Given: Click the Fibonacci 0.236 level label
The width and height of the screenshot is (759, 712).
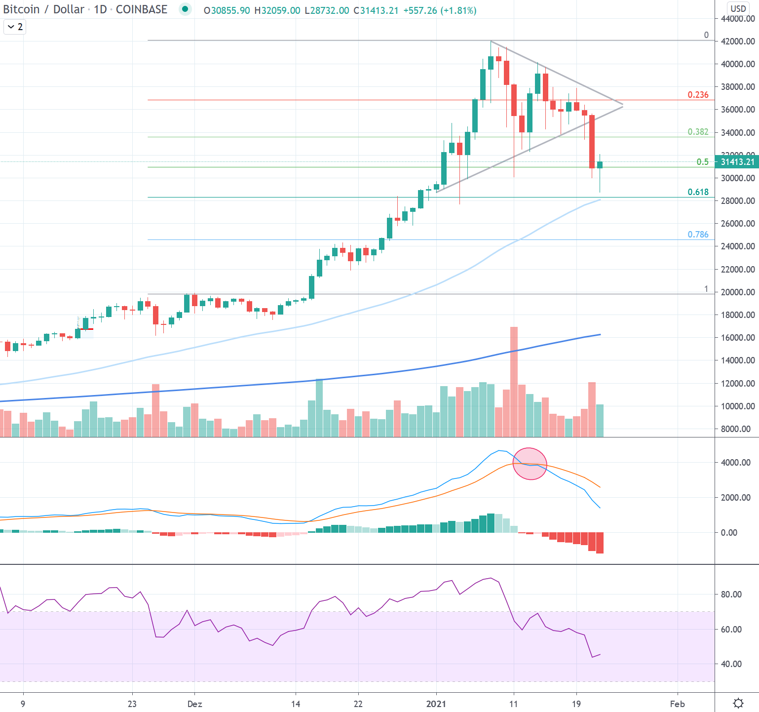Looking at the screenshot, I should coord(698,95).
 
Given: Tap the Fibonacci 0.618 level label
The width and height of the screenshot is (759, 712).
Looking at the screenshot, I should coord(698,192).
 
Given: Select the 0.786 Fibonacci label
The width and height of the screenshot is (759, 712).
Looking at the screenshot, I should coord(698,235).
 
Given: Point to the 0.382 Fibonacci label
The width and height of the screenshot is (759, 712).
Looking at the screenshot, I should coord(698,132).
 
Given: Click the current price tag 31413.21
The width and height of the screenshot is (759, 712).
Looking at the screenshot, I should coord(737,162).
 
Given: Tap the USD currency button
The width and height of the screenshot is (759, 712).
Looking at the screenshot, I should coord(738,8).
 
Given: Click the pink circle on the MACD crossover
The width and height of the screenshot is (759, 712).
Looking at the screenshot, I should coord(530,464).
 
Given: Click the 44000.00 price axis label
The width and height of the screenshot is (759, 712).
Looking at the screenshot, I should coord(738,19).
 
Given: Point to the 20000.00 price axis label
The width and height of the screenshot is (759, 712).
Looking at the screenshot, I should coord(738,292).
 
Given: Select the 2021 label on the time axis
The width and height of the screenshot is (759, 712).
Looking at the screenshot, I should coord(436,704).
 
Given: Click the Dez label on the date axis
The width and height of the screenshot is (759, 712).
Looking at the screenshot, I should coord(194,704).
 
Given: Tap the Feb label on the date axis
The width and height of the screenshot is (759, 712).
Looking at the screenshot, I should coord(677,704).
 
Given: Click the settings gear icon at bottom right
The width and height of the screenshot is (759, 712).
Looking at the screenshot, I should coord(738,703).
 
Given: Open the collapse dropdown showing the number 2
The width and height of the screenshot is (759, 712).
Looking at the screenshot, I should coord(15,27).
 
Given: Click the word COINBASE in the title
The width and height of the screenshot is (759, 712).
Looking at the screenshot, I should coord(141,9).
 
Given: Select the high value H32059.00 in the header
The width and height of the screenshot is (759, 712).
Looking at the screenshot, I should coord(277,10).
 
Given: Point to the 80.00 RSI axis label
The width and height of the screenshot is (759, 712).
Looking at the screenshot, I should coord(731,594).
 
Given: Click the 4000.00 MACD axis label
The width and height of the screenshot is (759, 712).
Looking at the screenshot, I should coord(735,463).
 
